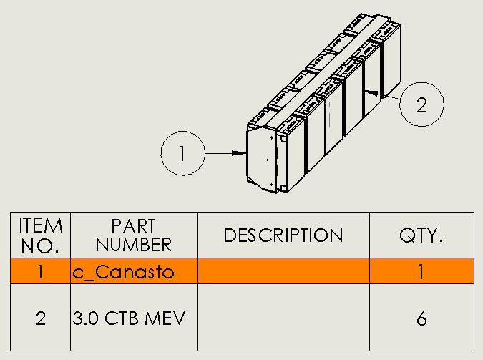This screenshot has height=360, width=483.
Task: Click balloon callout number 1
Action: point(183,153)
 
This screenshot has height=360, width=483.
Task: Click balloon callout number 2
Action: point(421,104)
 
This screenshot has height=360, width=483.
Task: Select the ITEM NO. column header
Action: point(40,235)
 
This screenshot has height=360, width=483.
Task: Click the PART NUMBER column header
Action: point(134,235)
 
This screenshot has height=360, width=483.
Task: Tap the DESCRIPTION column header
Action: point(283,235)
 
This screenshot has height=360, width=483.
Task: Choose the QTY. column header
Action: point(421,235)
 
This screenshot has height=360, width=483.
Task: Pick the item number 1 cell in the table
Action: point(40,272)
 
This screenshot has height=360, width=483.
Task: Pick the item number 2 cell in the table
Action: point(40,318)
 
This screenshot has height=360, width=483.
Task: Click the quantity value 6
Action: point(421,318)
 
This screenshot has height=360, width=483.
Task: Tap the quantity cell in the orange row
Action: point(421,272)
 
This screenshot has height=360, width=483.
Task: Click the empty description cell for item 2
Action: point(283,318)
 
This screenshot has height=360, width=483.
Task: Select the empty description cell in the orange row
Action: point(283,272)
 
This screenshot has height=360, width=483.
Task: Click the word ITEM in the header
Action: point(41,226)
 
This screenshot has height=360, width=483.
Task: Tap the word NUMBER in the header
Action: point(134,245)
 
